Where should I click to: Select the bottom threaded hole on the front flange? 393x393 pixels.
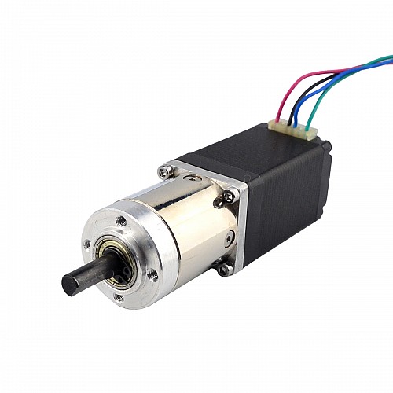click(118, 298)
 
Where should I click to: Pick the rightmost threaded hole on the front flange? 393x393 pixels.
click(153, 275)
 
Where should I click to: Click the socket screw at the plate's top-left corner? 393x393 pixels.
click(164, 171)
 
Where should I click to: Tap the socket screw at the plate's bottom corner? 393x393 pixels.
click(225, 269)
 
